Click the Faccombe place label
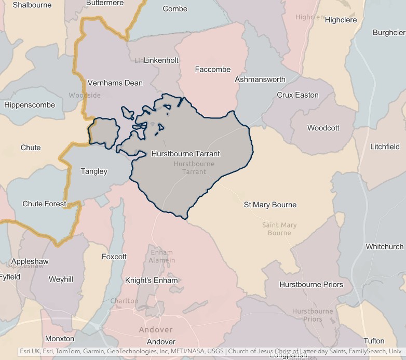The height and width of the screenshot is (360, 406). click(213, 69)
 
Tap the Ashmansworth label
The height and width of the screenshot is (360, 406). click(260, 79)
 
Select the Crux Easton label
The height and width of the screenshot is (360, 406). click(297, 95)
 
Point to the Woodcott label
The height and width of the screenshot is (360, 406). click(323, 128)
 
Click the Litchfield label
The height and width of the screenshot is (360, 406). click(385, 147)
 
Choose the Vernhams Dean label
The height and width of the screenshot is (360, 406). click(115, 83)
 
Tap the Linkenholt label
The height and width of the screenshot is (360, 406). click(161, 60)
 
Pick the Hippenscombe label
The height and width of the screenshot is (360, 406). click(30, 105)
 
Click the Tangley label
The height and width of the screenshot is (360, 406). click(94, 171)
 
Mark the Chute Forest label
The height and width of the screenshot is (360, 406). click(44, 204)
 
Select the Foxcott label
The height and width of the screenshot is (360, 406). click(114, 257)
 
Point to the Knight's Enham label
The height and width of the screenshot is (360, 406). click(152, 281)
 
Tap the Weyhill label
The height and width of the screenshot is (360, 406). click(61, 279)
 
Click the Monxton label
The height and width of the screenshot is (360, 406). click(60, 338)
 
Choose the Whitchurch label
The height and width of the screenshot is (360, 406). click(384, 246)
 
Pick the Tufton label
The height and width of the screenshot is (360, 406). click(374, 341)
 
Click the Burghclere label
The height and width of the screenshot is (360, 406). click(389, 32)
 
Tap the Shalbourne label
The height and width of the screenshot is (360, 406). click(32, 5)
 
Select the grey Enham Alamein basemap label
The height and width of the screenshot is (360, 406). click(163, 256)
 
